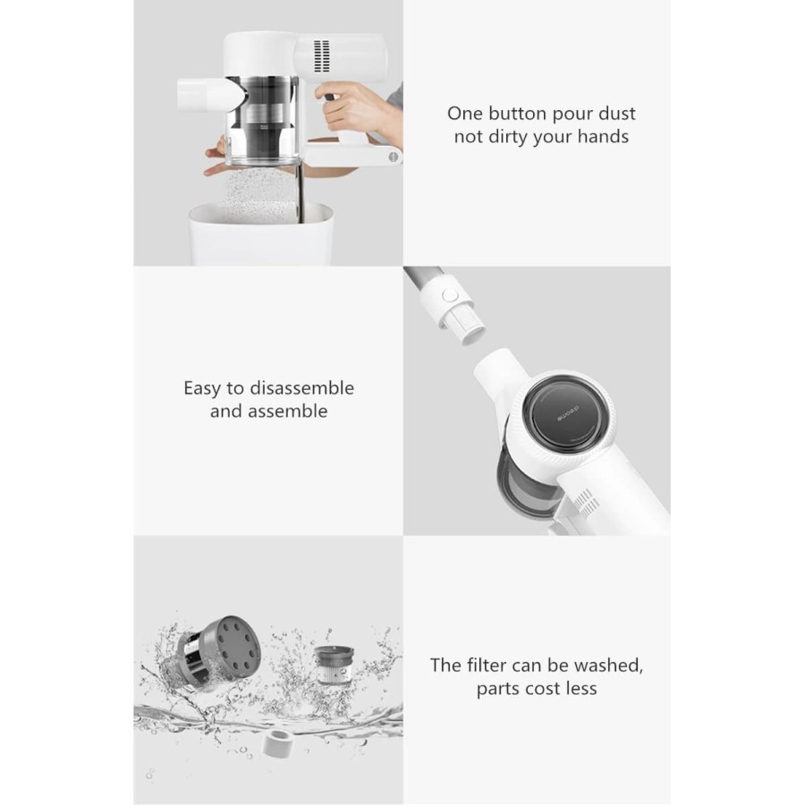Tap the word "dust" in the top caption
[x=618, y=114]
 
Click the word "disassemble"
[x=301, y=388]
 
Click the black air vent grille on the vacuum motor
[x=321, y=56]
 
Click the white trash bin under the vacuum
[x=262, y=234]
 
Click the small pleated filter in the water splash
[x=334, y=665]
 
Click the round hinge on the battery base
[x=394, y=157]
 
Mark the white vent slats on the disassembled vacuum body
[x=585, y=501]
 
